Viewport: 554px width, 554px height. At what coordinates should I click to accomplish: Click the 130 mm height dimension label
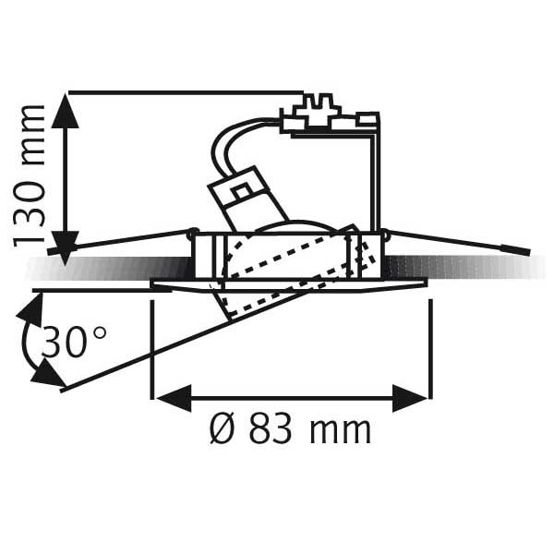coord(29,175)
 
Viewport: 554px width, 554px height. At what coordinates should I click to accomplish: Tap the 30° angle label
coord(74,342)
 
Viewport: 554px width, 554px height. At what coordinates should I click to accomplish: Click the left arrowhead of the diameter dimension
coord(174,398)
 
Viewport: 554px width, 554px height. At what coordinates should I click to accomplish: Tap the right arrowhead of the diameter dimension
coord(410,398)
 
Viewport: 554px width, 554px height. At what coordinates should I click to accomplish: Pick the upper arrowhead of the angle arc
coord(31,310)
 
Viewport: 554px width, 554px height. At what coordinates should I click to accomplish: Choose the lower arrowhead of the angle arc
coord(48,373)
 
